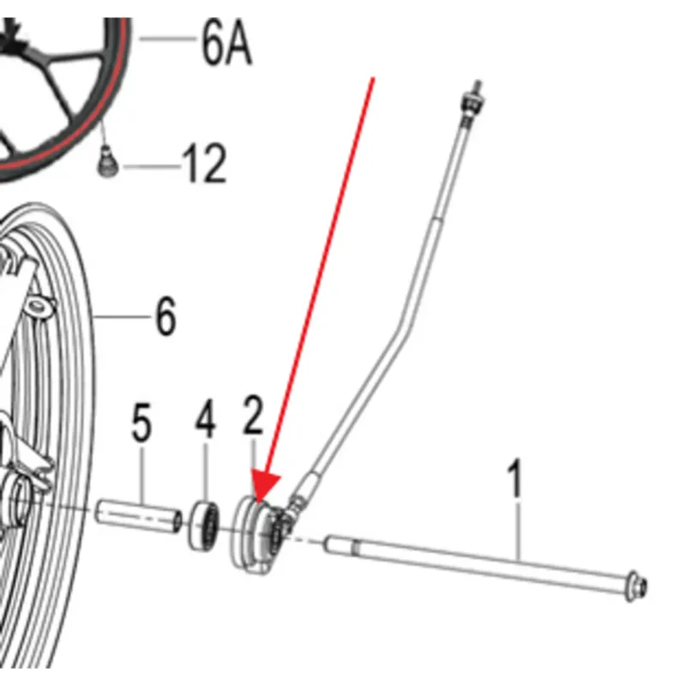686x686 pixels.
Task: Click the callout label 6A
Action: pos(226,43)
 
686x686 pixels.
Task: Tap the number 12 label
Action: pos(205,164)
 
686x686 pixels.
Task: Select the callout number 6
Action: pos(165,316)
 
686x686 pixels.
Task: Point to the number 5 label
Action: pos(141,422)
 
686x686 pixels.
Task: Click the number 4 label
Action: pos(205,419)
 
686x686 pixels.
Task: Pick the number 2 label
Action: pos(253,415)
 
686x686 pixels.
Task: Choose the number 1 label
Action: pos(515,478)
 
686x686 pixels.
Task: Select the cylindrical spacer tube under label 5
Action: pos(138,516)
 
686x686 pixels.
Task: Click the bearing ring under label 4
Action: pos(204,526)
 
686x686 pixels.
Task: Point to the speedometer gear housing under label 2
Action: pos(258,533)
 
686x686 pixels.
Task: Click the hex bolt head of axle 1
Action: pos(636,586)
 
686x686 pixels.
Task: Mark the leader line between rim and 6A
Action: pos(168,39)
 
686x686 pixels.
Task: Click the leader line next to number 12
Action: pos(152,166)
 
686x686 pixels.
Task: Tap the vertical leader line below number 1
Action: pos(519,531)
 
